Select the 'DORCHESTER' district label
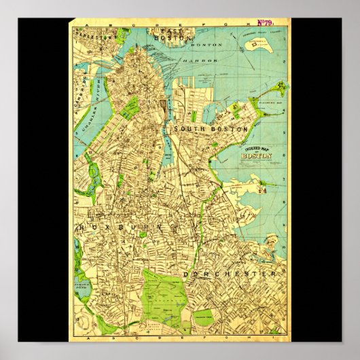click(x=230, y=274)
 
